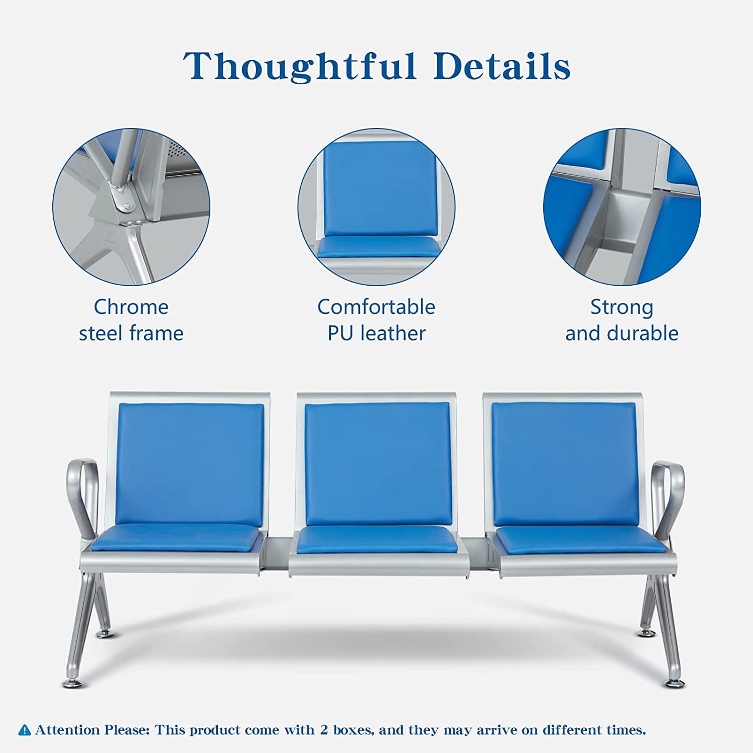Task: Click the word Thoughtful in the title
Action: click(x=300, y=66)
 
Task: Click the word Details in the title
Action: click(x=503, y=65)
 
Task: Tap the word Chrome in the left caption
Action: click(x=131, y=307)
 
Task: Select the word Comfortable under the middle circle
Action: click(x=376, y=307)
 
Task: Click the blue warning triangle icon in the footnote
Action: click(x=25, y=730)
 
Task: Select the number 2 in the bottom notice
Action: click(x=324, y=729)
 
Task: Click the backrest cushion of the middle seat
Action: click(x=378, y=464)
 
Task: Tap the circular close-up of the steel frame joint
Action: click(x=132, y=207)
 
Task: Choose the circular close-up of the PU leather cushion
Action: click(x=376, y=207)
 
